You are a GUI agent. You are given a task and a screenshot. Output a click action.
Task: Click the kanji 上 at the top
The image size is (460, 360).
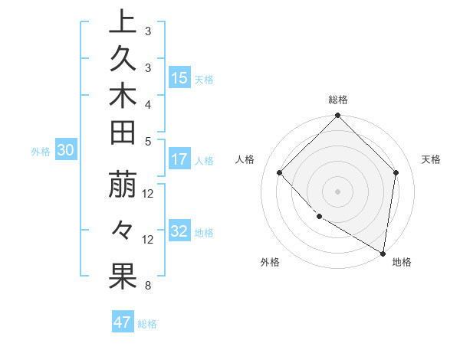pyautogui.click(x=123, y=22)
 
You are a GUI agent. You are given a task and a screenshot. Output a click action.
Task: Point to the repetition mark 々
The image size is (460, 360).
pyautogui.click(x=123, y=231)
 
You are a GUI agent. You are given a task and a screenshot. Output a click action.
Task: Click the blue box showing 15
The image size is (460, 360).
pyautogui.click(x=179, y=78)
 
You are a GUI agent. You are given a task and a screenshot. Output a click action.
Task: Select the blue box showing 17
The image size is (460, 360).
pyautogui.click(x=179, y=160)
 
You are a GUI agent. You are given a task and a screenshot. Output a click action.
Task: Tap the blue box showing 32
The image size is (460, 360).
pyautogui.click(x=179, y=232)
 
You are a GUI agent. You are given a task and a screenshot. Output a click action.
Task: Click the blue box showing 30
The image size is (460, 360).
pyautogui.click(x=65, y=151)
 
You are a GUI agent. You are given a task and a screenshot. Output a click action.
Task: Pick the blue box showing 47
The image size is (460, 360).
pyautogui.click(x=123, y=322)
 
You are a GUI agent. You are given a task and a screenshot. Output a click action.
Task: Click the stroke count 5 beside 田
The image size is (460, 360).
pyautogui.click(x=148, y=141)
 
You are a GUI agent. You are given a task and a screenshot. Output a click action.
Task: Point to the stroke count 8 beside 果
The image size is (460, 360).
pyautogui.click(x=148, y=286)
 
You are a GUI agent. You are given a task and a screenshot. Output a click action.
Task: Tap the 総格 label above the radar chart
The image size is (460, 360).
pyautogui.click(x=338, y=100)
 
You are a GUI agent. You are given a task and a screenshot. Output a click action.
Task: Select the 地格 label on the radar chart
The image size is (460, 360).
pyautogui.click(x=402, y=263)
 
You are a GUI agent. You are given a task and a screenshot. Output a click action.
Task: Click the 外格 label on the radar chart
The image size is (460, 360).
pyautogui.click(x=270, y=263)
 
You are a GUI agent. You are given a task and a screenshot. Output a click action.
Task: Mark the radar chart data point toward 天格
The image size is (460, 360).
pyautogui.click(x=396, y=172)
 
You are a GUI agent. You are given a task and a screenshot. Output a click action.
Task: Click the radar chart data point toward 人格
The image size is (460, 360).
pyautogui.click(x=280, y=172)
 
